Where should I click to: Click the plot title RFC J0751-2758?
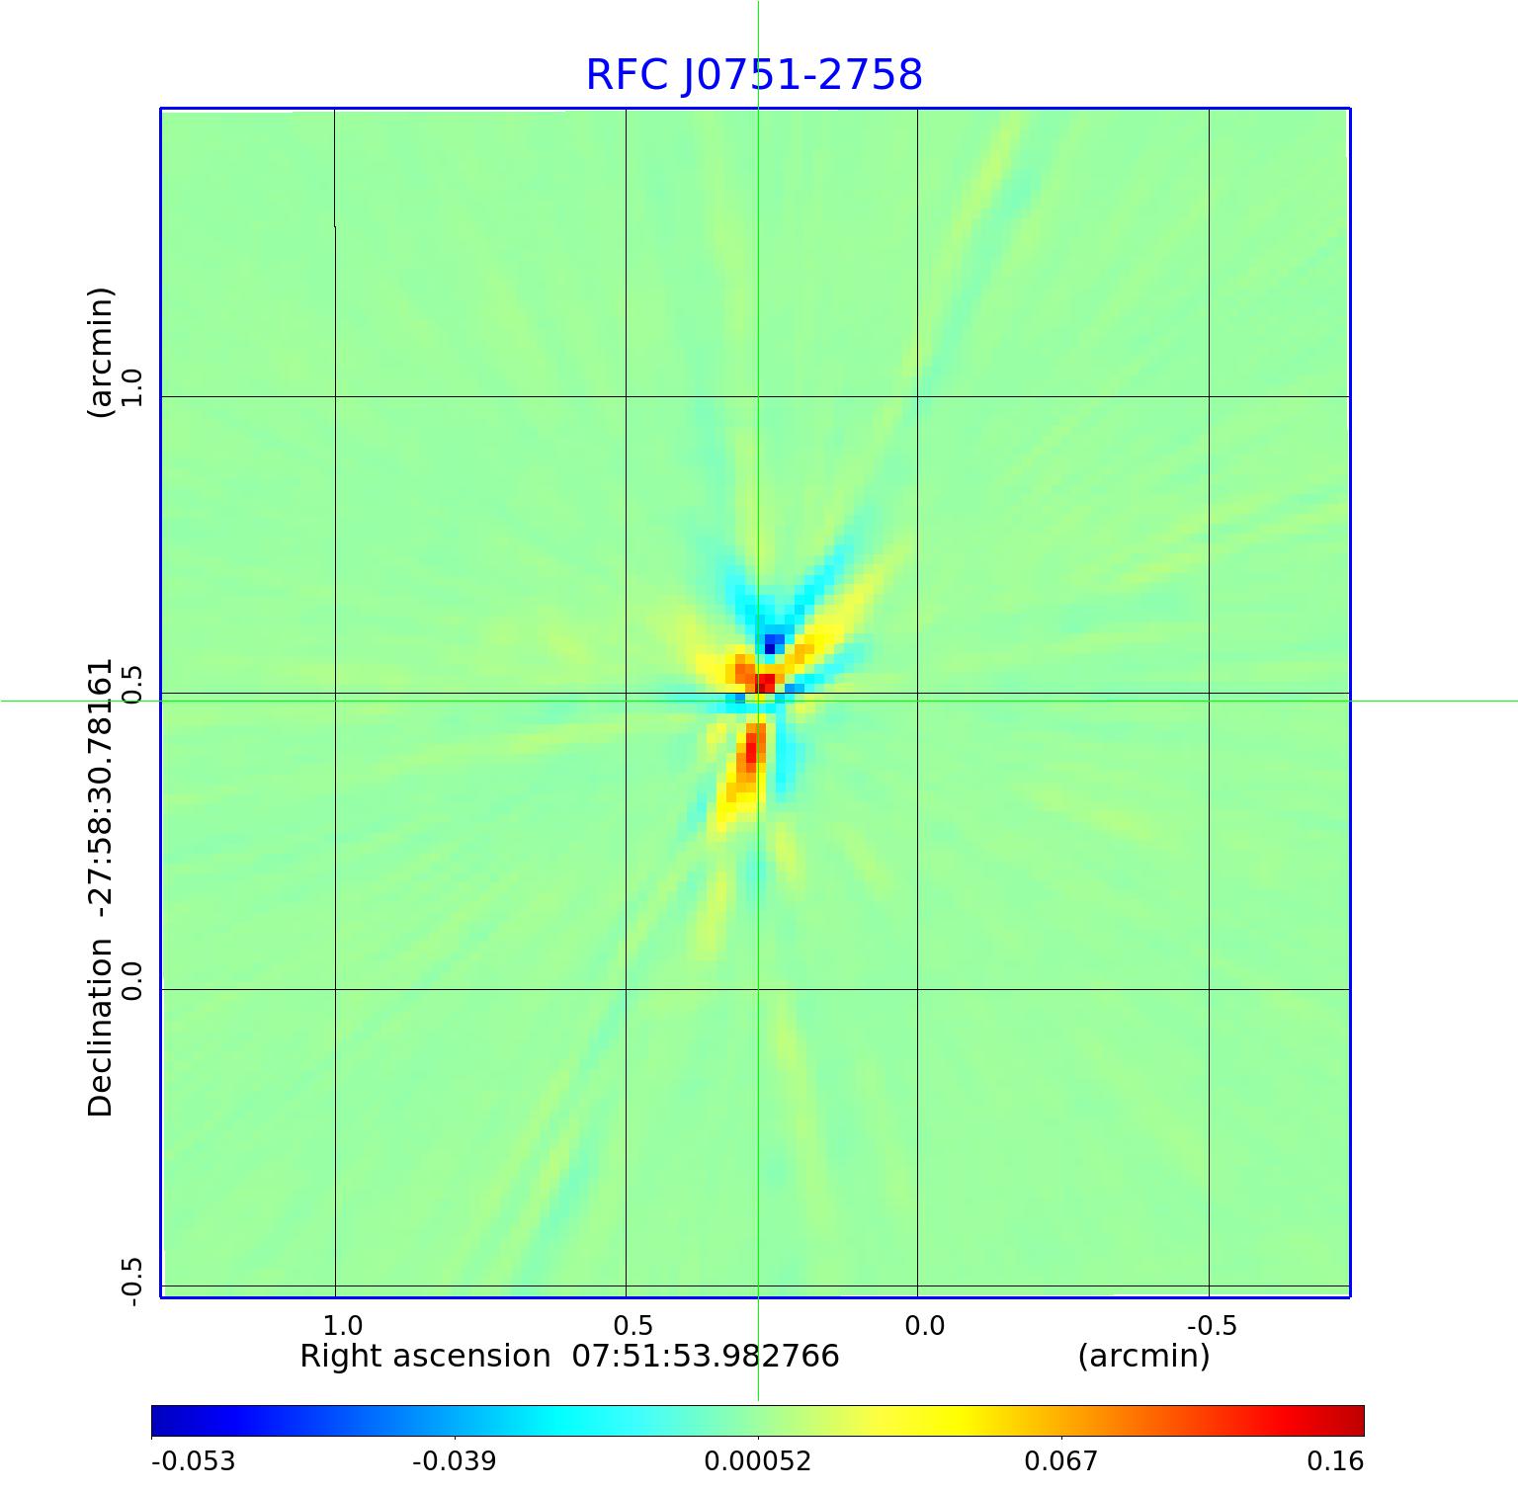[x=754, y=75]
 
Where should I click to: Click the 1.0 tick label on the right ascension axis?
[x=342, y=1325]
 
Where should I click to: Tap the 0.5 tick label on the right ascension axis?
[x=632, y=1325]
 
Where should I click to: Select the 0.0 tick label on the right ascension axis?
[x=924, y=1325]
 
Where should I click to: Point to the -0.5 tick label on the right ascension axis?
[x=1211, y=1325]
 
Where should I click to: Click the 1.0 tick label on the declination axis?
[x=131, y=387]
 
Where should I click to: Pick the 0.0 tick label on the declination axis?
[x=131, y=980]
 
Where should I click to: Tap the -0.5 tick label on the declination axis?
[x=131, y=1282]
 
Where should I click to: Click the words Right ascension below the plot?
[x=425, y=1357]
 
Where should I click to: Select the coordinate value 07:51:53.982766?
[x=706, y=1357]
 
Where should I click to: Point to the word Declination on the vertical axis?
[x=101, y=1028]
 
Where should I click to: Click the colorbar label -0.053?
[x=193, y=1461]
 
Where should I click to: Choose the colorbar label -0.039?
[x=454, y=1461]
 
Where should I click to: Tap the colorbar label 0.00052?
[x=757, y=1461]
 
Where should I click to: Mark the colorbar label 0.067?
[x=1060, y=1461]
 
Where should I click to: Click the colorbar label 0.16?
[x=1334, y=1461]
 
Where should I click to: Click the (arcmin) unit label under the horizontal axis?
[x=1143, y=1357]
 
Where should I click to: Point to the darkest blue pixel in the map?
[x=770, y=648]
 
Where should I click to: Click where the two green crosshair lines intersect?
[x=758, y=701]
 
